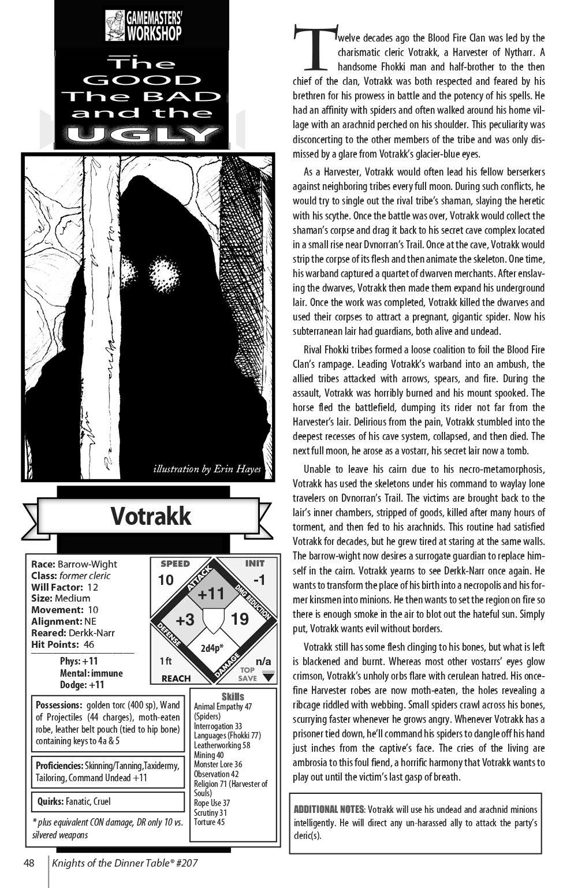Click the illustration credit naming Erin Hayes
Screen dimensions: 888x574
[207, 469]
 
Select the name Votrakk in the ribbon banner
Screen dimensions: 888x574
[150, 516]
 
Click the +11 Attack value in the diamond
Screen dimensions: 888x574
[211, 593]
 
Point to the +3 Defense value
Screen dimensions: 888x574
[184, 620]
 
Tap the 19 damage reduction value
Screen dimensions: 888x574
[240, 620]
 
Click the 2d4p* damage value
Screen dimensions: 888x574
[212, 648]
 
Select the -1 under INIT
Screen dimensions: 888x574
[259, 580]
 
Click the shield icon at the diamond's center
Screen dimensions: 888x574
[213, 621]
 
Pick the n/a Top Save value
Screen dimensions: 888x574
[263, 662]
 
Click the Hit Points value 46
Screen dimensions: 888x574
[88, 644]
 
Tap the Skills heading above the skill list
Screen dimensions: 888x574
[233, 696]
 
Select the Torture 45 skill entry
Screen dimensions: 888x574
[210, 822]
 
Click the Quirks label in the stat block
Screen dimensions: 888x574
[50, 801]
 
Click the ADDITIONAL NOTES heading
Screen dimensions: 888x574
[329, 809]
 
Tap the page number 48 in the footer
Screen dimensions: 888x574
[29, 864]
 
